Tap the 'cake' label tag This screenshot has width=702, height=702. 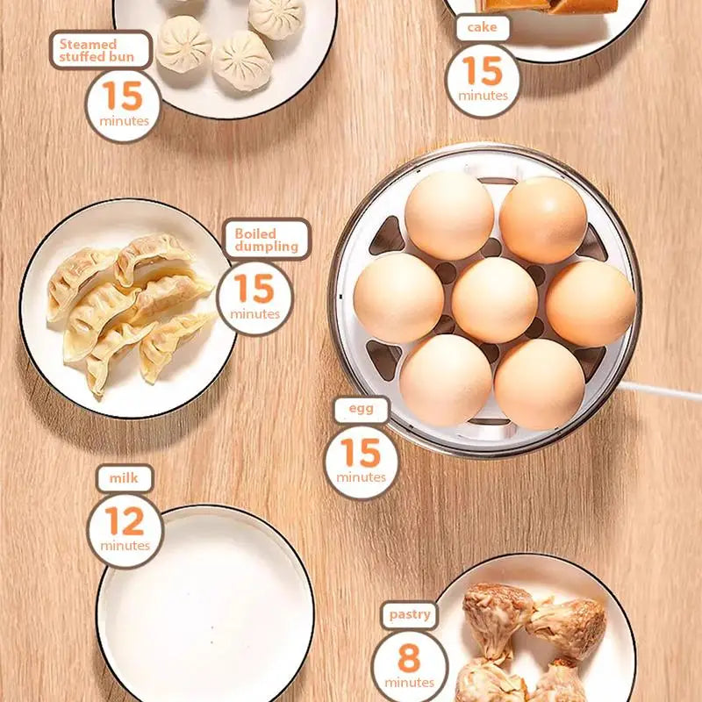(482, 27)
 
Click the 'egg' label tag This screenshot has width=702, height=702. (360, 409)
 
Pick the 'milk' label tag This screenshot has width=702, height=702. (124, 478)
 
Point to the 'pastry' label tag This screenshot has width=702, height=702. (410, 613)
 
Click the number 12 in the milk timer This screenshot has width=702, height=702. (124, 521)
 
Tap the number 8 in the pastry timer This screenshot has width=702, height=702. (408, 657)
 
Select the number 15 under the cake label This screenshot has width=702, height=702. (482, 72)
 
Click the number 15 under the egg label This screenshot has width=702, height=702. (361, 454)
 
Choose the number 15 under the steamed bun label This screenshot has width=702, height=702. (123, 96)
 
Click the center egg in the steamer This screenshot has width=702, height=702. (494, 300)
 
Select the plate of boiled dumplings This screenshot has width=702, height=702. (128, 307)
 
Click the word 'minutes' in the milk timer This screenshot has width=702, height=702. (125, 546)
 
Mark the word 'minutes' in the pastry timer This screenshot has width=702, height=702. (409, 682)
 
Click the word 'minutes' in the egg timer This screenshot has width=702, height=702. (361, 477)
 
